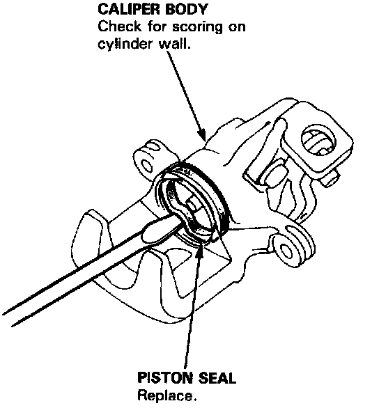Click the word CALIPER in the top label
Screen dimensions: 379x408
(x=128, y=9)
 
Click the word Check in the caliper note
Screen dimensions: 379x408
(x=119, y=26)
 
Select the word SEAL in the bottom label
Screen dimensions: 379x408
(x=216, y=378)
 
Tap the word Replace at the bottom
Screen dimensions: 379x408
(x=167, y=395)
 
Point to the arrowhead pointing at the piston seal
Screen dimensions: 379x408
(x=201, y=246)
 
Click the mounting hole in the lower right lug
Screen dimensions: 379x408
(x=286, y=251)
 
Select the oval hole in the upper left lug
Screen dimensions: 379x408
(x=146, y=166)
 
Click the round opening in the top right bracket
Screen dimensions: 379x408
(x=318, y=140)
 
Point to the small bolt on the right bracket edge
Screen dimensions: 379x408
(x=331, y=179)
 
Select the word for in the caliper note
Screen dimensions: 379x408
(x=158, y=26)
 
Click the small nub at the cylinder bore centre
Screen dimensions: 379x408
(x=192, y=203)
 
